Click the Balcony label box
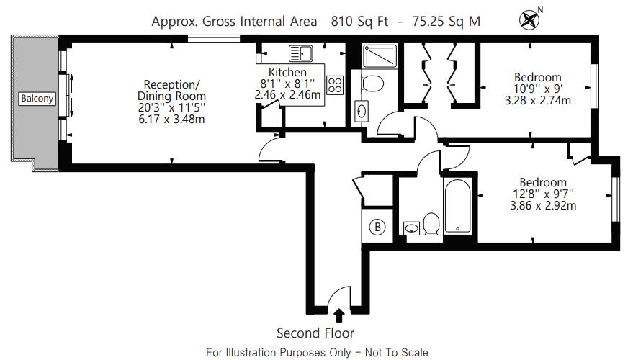pyautogui.click(x=37, y=99)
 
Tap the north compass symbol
pyautogui.click(x=529, y=19)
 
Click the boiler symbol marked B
pyautogui.click(x=377, y=227)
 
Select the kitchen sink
pyautogui.click(x=301, y=53)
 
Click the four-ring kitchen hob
pyautogui.click(x=335, y=85)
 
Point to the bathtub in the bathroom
pyautogui.click(x=457, y=205)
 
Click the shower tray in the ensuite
pyautogui.click(x=380, y=56)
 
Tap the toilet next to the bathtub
pyautogui.click(x=431, y=223)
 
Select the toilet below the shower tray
pyautogui.click(x=372, y=84)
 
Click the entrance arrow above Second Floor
pyautogui.click(x=339, y=315)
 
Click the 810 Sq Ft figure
pyautogui.click(x=359, y=21)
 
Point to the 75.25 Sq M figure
pyautogui.click(x=446, y=21)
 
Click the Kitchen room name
pyautogui.click(x=287, y=72)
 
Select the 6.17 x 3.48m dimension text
pyautogui.click(x=171, y=120)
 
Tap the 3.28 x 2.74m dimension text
pyautogui.click(x=538, y=100)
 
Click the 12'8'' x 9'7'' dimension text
pyautogui.click(x=542, y=194)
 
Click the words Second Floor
pyautogui.click(x=315, y=333)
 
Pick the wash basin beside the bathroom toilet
pyautogui.click(x=411, y=228)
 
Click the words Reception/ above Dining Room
pyautogui.click(x=171, y=85)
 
